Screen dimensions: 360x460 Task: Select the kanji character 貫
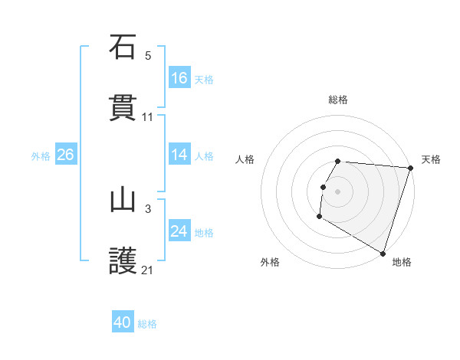click(123, 108)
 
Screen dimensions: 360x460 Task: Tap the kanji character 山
click(123, 200)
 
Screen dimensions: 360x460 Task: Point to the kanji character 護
click(123, 261)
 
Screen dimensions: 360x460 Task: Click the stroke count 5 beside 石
click(148, 55)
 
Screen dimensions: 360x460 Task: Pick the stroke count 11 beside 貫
click(148, 117)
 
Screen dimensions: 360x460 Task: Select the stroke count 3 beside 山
click(148, 208)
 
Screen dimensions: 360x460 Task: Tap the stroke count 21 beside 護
click(148, 270)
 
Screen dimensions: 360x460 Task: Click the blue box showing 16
click(179, 78)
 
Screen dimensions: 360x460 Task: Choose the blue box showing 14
click(179, 155)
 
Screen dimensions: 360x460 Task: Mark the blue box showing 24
click(179, 231)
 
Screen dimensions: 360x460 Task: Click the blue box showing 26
click(65, 155)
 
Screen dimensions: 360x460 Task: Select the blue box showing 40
click(123, 322)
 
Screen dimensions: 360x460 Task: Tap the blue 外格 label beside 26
click(41, 155)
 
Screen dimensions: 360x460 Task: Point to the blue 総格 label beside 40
click(147, 323)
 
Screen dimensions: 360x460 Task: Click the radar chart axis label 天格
click(431, 159)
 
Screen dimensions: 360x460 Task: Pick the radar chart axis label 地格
click(402, 262)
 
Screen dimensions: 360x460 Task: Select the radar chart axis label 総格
click(338, 100)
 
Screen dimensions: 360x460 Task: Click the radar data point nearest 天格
click(410, 168)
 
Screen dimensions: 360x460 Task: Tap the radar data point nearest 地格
click(383, 252)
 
